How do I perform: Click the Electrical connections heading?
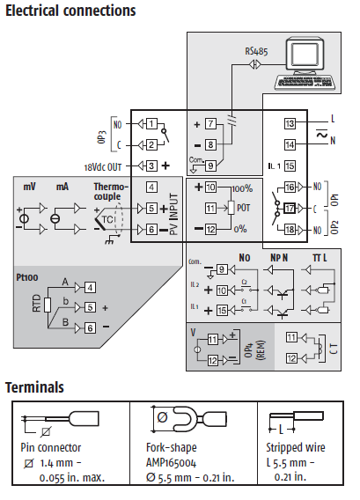(x=70, y=11)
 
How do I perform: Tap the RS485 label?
(x=256, y=51)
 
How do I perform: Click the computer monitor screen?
(x=305, y=55)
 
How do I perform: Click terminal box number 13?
(x=290, y=123)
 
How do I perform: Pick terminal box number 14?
(x=290, y=144)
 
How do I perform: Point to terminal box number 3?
(x=151, y=165)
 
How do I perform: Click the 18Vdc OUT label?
(x=103, y=167)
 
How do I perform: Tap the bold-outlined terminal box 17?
(x=290, y=209)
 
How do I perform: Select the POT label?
(x=243, y=208)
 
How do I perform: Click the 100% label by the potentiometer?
(x=243, y=188)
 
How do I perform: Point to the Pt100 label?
(x=27, y=277)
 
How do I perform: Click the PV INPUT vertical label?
(x=173, y=214)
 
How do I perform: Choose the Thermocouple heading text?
(x=111, y=191)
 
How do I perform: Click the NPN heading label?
(x=279, y=258)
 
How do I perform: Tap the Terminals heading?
(x=34, y=387)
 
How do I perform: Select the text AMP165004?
(x=172, y=463)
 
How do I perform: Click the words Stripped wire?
(x=296, y=447)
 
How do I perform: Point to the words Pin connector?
(x=51, y=447)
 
